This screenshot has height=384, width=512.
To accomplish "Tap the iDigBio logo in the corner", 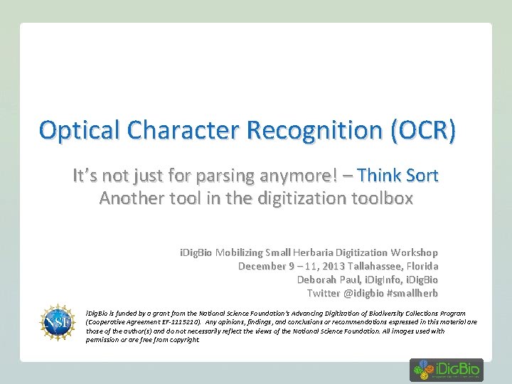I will click(446, 370).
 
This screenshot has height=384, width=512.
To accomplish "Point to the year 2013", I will click(333, 266).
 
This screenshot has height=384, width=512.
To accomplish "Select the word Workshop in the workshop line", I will click(416, 252).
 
